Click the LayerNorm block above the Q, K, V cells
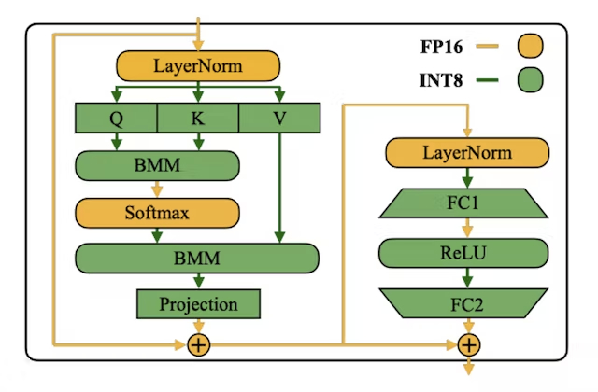[x=198, y=65]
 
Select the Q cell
[x=117, y=118]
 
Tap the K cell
[x=198, y=118]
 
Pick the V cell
[x=280, y=118]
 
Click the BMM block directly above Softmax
[x=157, y=166]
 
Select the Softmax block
[x=157, y=213]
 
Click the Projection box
[x=198, y=304]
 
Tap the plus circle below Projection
[x=198, y=345]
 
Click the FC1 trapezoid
[x=468, y=203]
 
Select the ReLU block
[x=468, y=252]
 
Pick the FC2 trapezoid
[x=468, y=302]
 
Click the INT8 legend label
[x=445, y=80]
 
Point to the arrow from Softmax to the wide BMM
[x=157, y=235]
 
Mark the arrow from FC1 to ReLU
[x=468, y=227]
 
